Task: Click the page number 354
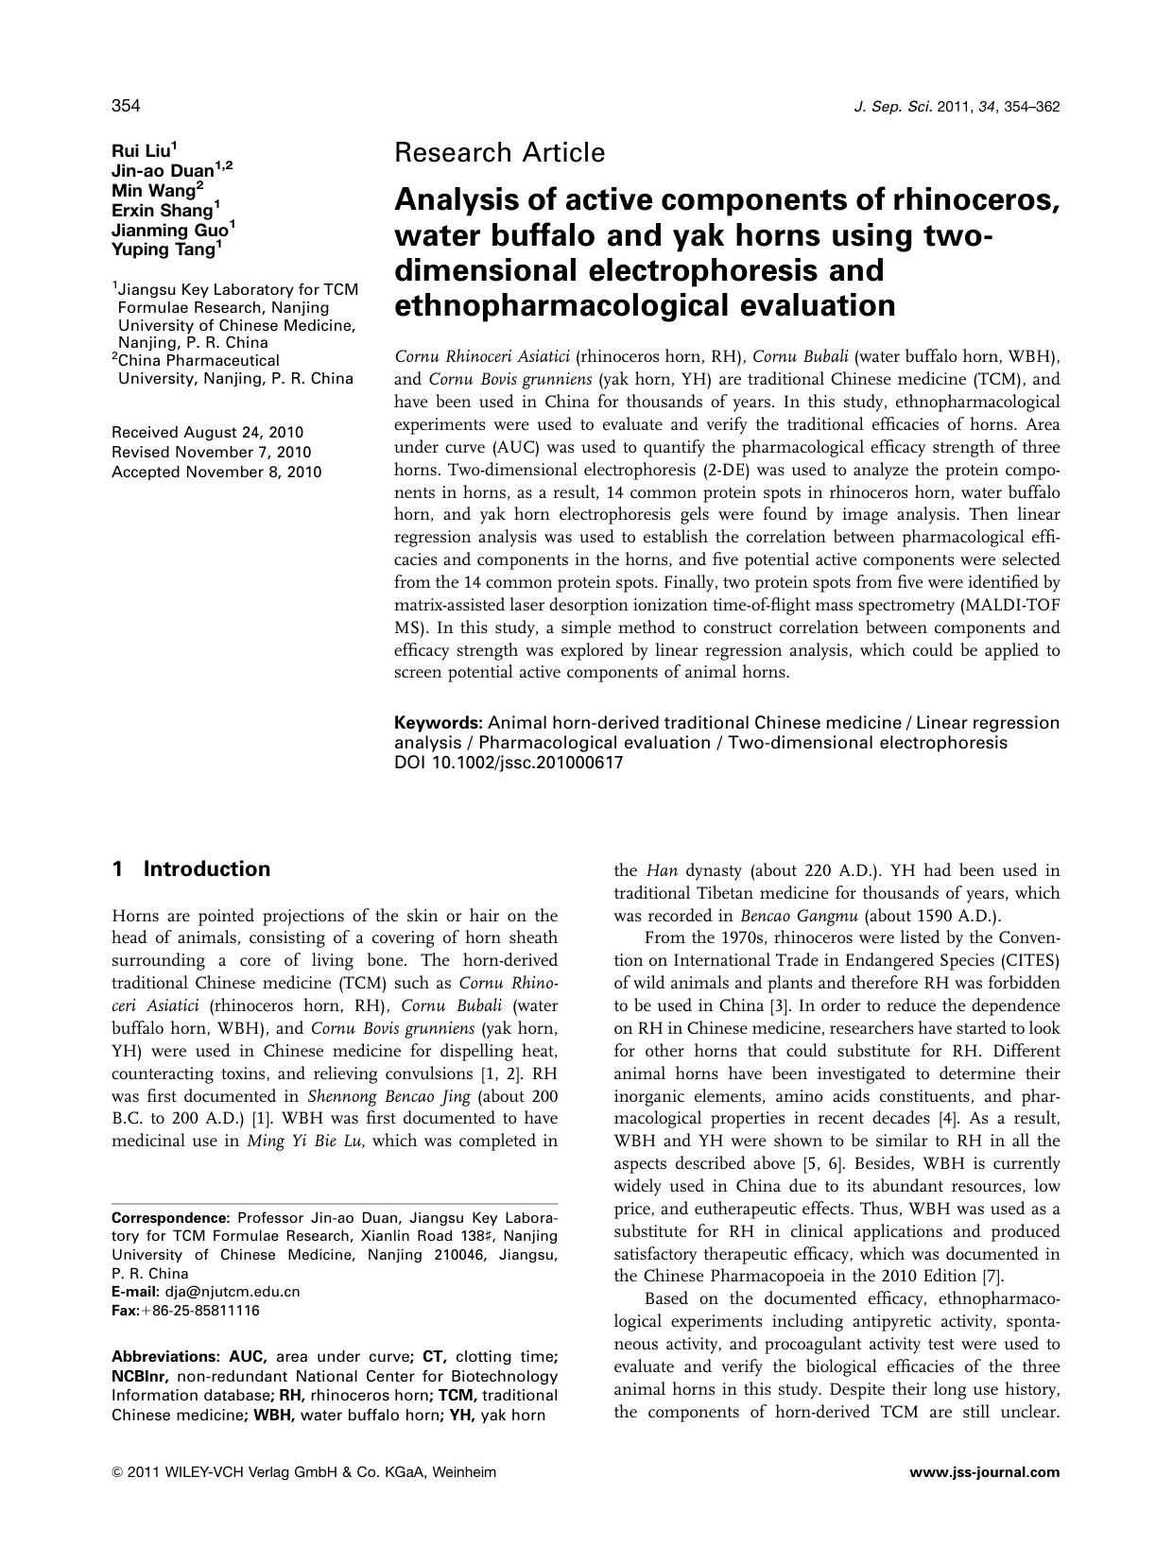coord(126,106)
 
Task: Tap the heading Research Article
coord(499,152)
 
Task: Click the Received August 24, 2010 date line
coord(206,432)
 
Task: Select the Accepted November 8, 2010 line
coord(216,472)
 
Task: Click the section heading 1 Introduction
coord(191,869)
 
